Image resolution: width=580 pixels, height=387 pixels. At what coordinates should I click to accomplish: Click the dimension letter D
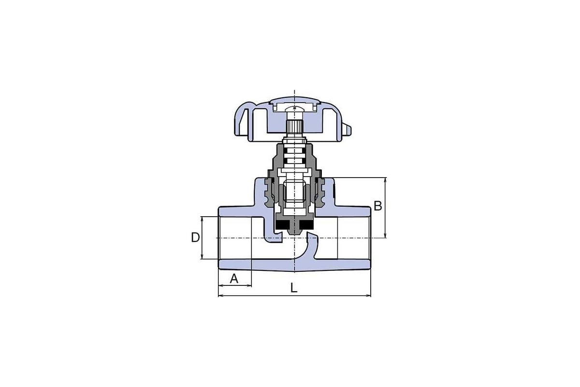click(195, 238)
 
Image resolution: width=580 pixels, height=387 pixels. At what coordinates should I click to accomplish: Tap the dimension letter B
click(378, 206)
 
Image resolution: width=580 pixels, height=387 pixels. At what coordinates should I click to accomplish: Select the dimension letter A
click(234, 279)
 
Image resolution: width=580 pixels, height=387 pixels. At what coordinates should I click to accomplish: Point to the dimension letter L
click(294, 288)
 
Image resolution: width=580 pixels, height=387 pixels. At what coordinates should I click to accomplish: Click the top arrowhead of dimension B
click(385, 179)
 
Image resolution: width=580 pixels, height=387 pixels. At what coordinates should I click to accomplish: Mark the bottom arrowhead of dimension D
click(202, 256)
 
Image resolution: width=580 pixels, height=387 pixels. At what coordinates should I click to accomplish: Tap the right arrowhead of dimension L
click(368, 295)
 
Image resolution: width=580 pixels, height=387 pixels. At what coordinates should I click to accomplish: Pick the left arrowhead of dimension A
click(221, 285)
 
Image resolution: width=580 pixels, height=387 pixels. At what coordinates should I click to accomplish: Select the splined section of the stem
click(294, 127)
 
